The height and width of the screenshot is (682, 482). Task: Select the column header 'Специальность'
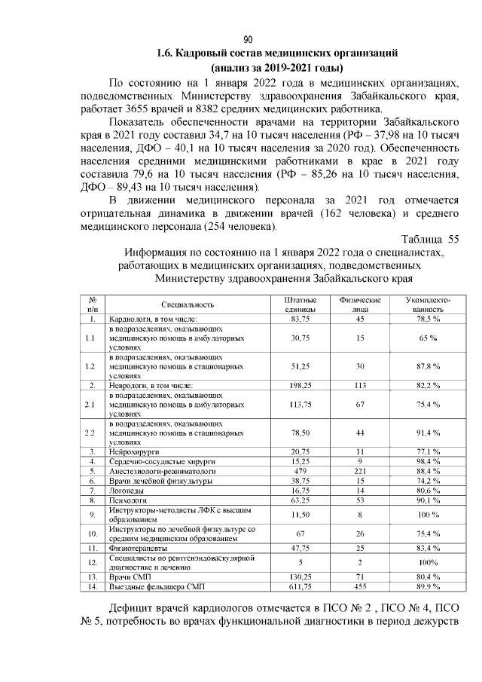click(188, 304)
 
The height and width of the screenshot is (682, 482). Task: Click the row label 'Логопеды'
click(127, 490)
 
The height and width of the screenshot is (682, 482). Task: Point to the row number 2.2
click(92, 433)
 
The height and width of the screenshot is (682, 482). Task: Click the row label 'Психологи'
click(128, 500)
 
